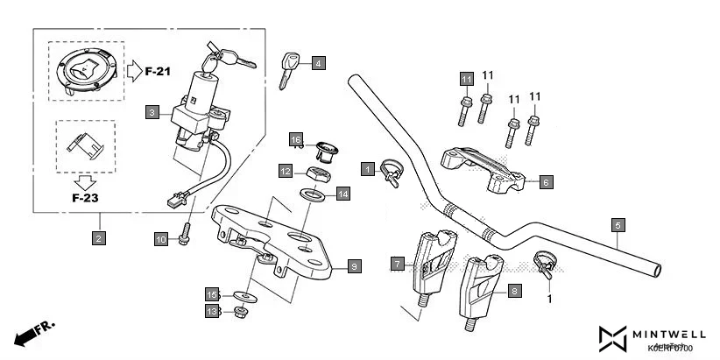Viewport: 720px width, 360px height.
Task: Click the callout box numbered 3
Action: coord(152,112)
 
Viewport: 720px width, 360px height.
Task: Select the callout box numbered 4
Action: coord(318,63)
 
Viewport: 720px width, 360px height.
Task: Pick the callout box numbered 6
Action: coord(545,182)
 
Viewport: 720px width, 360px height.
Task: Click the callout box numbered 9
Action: coord(354,265)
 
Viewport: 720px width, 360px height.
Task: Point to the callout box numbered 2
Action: coord(99,237)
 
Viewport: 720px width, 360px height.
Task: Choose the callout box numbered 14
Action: coord(342,194)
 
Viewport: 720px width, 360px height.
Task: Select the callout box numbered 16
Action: coord(296,140)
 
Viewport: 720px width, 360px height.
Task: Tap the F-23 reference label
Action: coord(85,198)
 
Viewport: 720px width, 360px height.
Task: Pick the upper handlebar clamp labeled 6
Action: coord(483,171)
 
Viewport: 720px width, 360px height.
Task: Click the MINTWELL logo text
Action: coord(670,334)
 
